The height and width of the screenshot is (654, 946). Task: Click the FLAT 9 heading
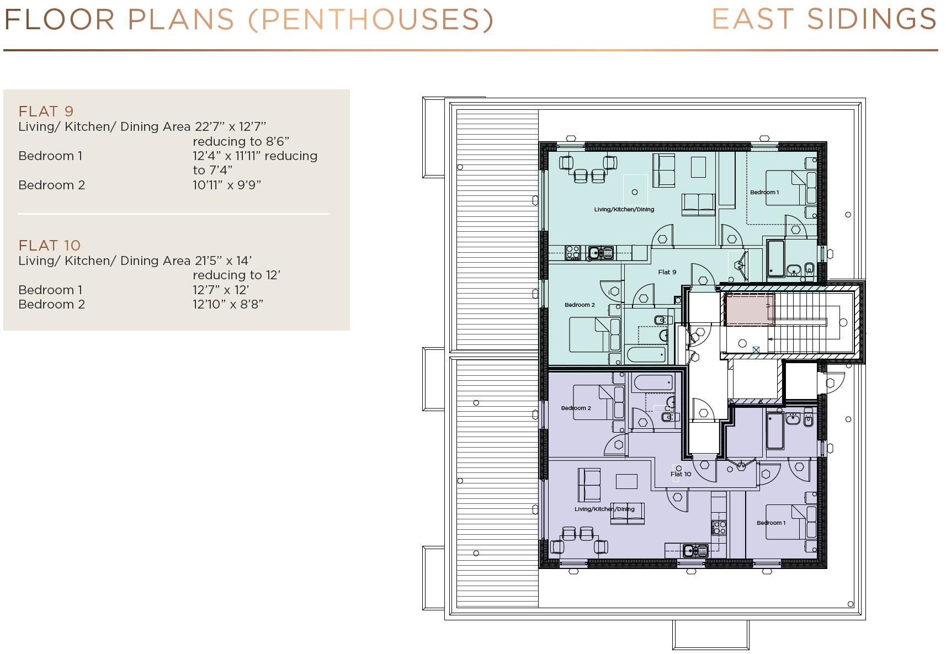46,111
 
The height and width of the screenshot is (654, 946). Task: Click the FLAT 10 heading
49,246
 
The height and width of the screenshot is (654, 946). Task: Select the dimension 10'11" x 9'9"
227,185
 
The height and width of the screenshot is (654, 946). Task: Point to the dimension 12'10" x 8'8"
227,304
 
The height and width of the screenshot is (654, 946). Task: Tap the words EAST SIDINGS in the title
824,19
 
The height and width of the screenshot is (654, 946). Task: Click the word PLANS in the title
181,19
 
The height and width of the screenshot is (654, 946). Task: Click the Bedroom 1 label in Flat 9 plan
764,192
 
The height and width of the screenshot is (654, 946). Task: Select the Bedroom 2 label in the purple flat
576,408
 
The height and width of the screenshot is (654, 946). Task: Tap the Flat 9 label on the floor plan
667,272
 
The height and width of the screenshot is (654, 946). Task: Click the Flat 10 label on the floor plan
681,474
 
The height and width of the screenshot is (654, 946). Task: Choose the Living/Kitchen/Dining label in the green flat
624,209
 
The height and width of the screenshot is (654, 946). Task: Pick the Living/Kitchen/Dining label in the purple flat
604,509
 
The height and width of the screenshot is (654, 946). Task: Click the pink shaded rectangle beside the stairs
749,309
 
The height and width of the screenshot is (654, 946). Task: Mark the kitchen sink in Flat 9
596,253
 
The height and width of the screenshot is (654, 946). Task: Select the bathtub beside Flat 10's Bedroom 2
653,382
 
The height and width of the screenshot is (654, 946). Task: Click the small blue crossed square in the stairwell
756,349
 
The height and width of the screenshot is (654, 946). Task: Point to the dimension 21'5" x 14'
223,260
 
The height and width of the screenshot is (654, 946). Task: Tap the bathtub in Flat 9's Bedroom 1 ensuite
775,258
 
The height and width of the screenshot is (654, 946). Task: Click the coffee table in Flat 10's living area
627,481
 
